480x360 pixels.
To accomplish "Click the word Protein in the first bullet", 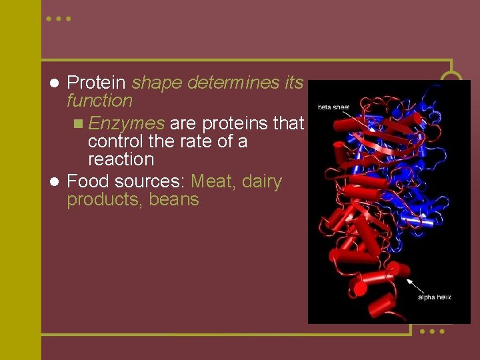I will click(x=97, y=83).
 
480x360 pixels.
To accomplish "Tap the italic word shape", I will click(x=157, y=83).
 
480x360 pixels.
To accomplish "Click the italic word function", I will click(x=99, y=101).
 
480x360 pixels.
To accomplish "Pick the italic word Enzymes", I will click(x=126, y=123).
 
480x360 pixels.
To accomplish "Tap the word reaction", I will click(x=121, y=159).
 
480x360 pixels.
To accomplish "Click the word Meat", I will click(x=212, y=181).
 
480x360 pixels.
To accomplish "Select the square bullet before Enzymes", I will click(x=79, y=123).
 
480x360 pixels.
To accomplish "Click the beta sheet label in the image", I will click(x=333, y=107).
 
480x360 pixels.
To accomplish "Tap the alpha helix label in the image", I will click(x=434, y=297).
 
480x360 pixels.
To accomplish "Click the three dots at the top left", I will click(x=58, y=19).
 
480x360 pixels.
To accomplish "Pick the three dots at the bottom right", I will click(x=432, y=331).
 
